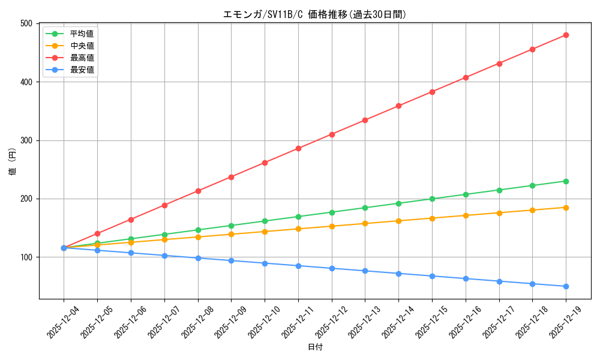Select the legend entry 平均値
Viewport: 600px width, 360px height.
click(82, 34)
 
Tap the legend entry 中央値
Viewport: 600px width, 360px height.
click(82, 46)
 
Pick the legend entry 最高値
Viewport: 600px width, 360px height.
click(82, 58)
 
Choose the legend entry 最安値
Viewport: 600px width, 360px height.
click(82, 70)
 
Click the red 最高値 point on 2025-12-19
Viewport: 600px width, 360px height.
click(566, 35)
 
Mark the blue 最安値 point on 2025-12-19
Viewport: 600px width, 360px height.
click(566, 286)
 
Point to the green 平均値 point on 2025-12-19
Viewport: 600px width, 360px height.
click(566, 181)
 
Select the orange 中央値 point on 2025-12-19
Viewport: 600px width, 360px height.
click(566, 208)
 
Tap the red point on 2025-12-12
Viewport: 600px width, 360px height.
click(332, 134)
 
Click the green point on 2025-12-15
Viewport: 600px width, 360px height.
click(432, 199)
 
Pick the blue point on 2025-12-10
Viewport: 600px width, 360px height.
click(265, 263)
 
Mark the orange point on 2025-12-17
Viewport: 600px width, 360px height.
click(499, 213)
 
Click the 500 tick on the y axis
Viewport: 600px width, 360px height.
click(26, 23)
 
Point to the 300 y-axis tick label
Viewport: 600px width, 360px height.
click(26, 140)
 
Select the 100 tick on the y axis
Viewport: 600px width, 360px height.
click(26, 257)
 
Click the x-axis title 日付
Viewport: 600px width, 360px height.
click(315, 347)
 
